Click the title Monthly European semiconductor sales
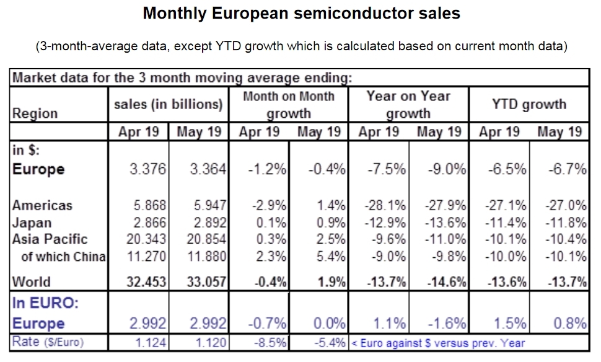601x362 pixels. point(301,13)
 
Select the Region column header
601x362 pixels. point(35,113)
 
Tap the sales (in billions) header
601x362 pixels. point(168,104)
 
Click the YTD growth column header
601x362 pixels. point(529,104)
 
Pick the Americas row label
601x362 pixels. point(42,206)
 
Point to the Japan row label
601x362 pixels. point(32,223)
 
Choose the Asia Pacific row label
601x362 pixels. point(50,239)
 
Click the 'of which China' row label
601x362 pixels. point(63,256)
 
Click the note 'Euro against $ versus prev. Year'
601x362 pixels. point(439,343)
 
